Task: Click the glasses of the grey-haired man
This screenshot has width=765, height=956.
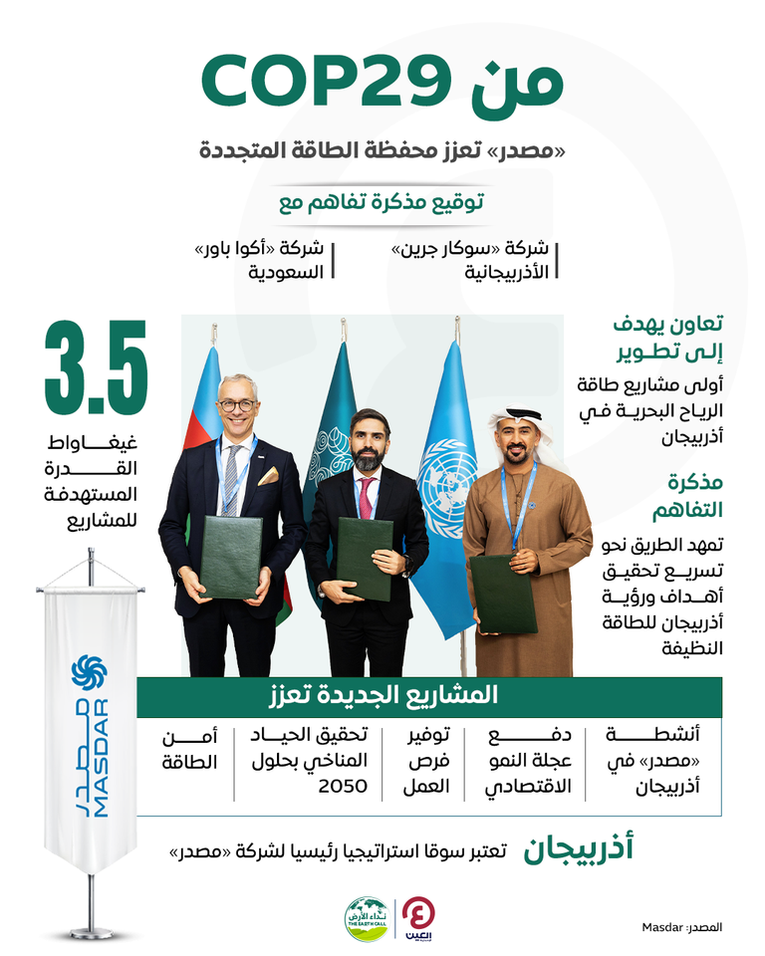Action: pos(238,405)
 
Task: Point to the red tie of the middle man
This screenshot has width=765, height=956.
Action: pos(366,498)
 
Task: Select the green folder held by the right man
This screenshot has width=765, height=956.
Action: pos(503,596)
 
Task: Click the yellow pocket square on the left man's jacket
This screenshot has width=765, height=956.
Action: pos(267,476)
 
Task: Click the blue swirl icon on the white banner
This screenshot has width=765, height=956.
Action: pos(89,672)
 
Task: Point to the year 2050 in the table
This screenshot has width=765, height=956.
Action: pos(343,786)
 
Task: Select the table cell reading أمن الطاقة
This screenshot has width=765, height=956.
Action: pos(188,749)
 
